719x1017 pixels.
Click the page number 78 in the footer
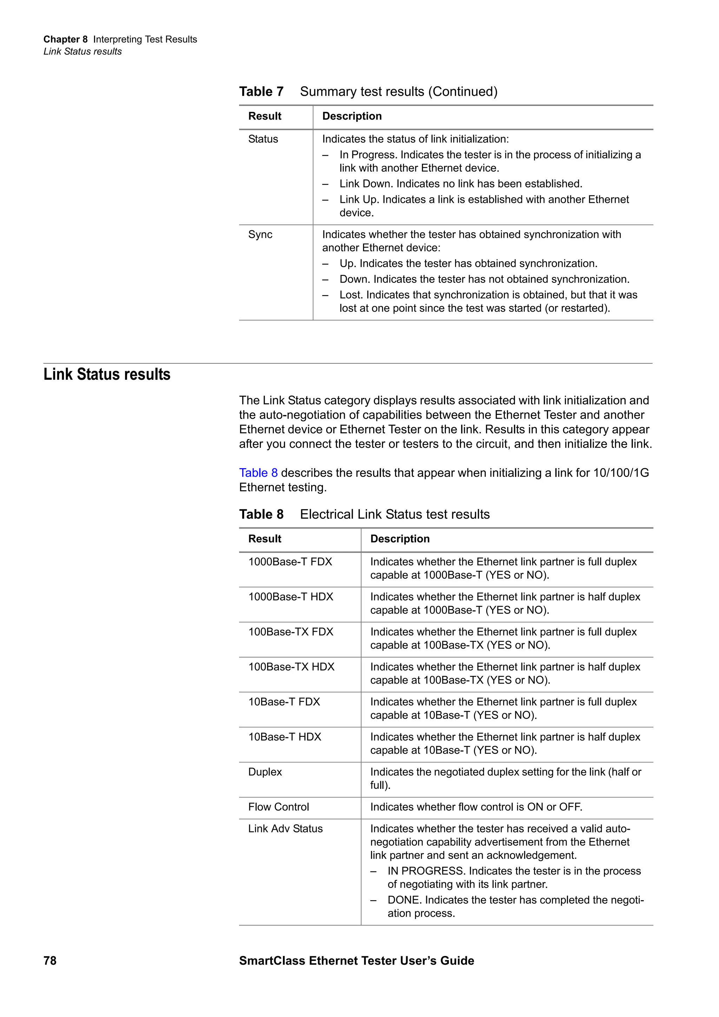[x=50, y=960]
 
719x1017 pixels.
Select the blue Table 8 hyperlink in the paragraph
[x=258, y=473]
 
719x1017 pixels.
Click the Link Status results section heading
[x=107, y=374]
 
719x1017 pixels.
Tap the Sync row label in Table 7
[x=260, y=234]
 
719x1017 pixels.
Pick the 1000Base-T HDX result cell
[x=291, y=597]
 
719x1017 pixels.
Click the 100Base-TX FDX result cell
[x=291, y=632]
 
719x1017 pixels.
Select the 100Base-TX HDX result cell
[x=291, y=667]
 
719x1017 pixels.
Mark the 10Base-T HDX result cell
[x=284, y=737]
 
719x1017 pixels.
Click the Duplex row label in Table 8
[x=265, y=772]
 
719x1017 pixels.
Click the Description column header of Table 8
[x=400, y=539]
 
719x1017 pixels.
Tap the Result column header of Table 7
[x=264, y=116]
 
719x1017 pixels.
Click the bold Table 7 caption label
[x=261, y=92]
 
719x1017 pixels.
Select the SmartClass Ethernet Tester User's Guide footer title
[x=357, y=960]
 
